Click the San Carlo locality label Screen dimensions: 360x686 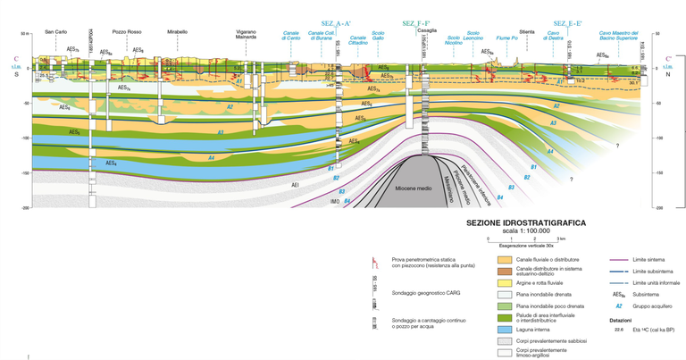[x=55, y=32]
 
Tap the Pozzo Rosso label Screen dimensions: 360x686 [x=127, y=32]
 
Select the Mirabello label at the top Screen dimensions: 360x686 [x=177, y=32]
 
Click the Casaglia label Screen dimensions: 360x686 [x=426, y=29]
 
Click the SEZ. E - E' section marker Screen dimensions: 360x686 [x=569, y=22]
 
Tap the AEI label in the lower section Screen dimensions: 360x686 [x=295, y=185]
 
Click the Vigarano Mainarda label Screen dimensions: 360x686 [x=246, y=35]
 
